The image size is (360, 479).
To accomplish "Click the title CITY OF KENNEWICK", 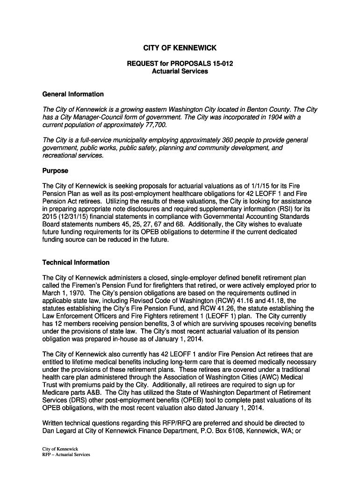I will [x=180, y=48].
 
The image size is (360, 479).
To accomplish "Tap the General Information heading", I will [x=73, y=94].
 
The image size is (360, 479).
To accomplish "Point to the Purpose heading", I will [x=55, y=171].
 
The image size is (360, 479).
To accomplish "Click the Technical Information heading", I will [x=76, y=262].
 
